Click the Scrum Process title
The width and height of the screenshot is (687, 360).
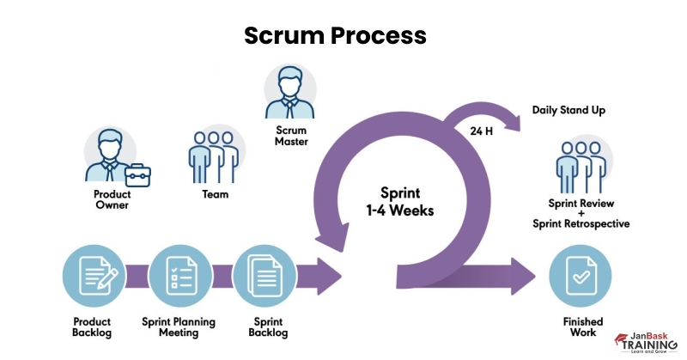(x=335, y=35)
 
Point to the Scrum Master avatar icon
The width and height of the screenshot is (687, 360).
(x=290, y=93)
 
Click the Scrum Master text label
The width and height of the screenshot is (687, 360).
(x=291, y=136)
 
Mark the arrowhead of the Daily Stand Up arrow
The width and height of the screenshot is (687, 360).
(x=515, y=121)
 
